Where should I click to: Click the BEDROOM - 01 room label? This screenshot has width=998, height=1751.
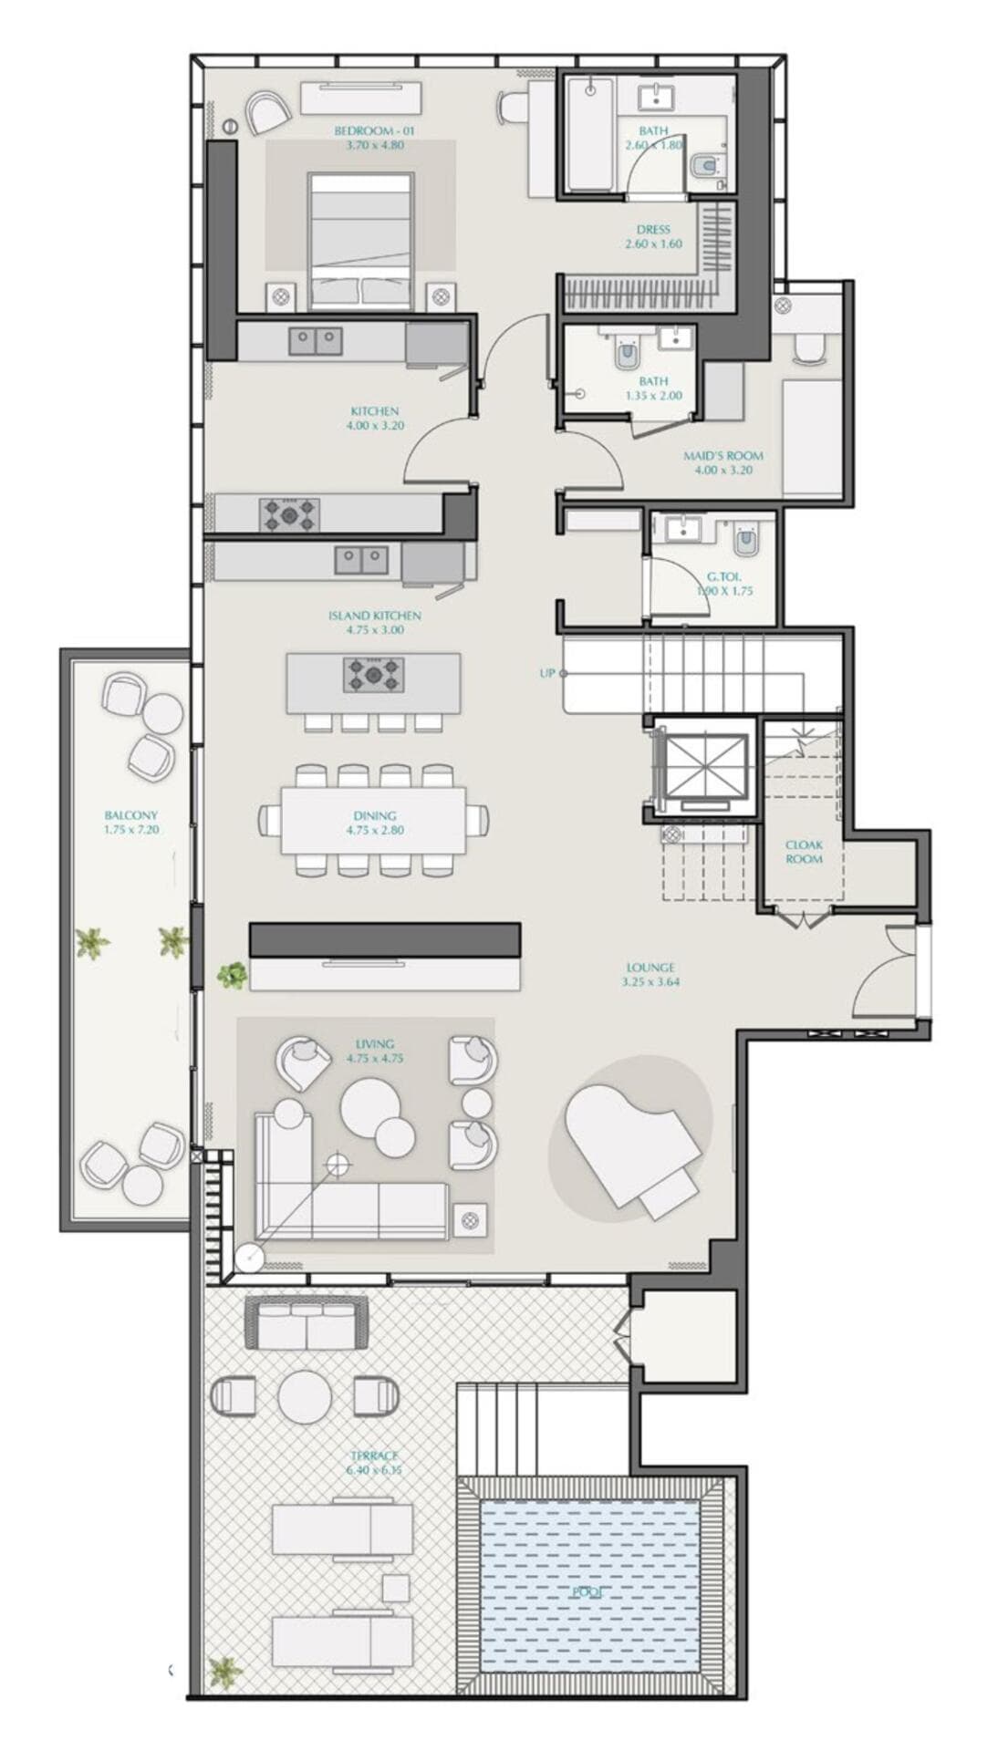(369, 138)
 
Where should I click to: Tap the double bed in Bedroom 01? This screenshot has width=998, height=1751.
(360, 239)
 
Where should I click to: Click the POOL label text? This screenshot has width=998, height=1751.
(587, 1592)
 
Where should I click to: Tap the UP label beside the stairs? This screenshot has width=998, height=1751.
(546, 673)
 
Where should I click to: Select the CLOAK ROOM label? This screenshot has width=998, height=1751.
(803, 851)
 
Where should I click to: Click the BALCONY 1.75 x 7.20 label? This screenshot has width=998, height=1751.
(130, 822)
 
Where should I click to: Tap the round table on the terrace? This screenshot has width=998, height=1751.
(304, 1396)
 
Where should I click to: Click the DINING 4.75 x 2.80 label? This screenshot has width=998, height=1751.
(374, 823)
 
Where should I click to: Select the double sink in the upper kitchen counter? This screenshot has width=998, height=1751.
(316, 341)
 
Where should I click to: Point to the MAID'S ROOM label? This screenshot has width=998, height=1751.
(723, 462)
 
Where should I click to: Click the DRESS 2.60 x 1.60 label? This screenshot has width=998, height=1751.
(653, 236)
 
